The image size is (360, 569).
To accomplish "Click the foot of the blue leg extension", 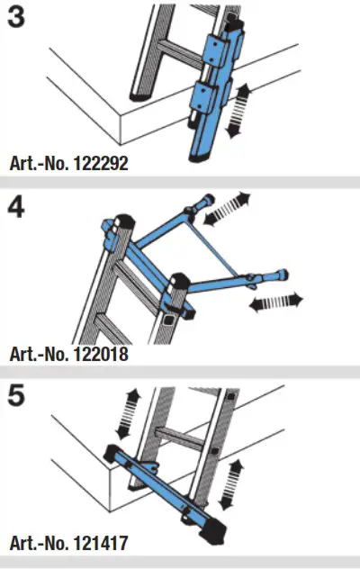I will (x=203, y=158).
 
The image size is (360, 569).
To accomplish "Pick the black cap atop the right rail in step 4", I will (x=177, y=281).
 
